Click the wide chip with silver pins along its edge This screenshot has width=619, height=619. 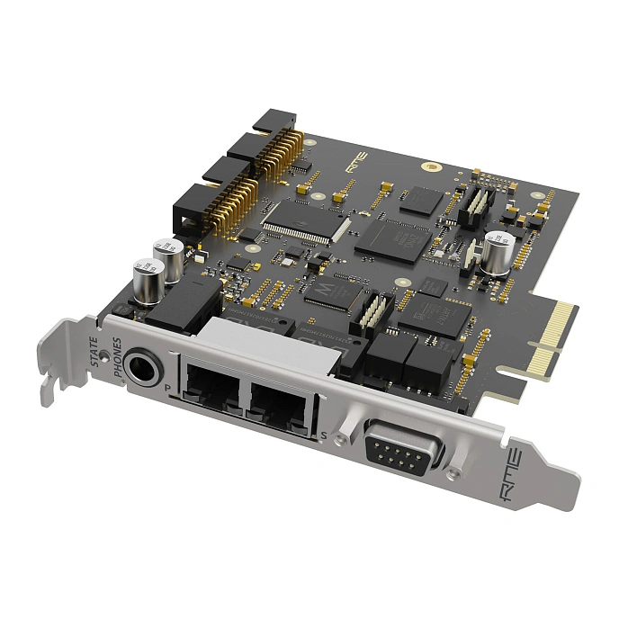(x=297, y=219)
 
